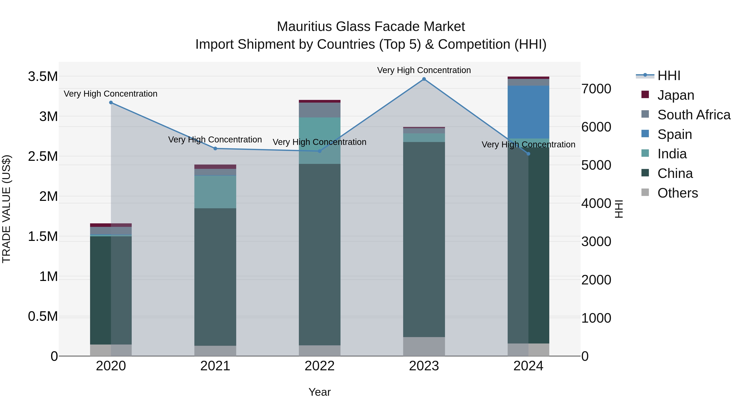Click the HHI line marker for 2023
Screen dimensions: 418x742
424,79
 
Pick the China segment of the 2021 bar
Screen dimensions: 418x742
215,277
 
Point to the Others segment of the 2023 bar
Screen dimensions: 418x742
424,346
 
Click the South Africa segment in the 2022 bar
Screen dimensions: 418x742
319,110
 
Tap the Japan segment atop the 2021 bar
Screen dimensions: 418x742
215,167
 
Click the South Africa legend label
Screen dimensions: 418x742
694,115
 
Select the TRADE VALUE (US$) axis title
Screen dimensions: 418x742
6,209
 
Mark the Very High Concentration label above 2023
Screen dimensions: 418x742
424,70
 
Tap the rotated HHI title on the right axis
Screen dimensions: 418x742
618,209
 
